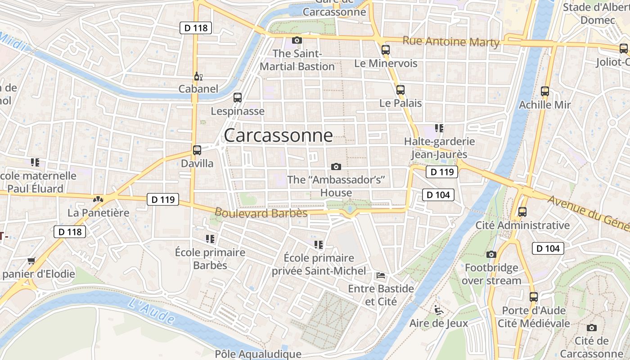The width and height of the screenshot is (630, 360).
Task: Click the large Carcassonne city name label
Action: [278, 135]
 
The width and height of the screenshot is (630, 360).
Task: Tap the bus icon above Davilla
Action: [197, 150]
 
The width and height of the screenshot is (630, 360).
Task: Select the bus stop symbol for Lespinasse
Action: [238, 97]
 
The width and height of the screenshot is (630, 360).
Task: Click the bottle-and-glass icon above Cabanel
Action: [197, 76]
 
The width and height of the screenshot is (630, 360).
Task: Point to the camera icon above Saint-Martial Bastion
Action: [297, 40]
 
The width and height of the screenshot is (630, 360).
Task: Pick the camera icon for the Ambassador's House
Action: [336, 167]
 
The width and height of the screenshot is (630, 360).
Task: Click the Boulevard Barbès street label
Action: [261, 212]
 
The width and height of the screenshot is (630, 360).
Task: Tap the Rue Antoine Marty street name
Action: [451, 41]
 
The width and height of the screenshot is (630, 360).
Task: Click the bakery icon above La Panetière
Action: [98, 199]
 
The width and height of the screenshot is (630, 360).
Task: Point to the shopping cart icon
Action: [31, 261]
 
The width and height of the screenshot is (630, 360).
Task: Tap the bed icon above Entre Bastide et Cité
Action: [381, 275]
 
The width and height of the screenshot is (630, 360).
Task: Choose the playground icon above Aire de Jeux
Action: [438, 310]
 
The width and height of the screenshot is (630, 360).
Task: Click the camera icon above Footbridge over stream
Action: [491, 255]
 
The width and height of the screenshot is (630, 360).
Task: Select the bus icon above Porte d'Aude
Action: [534, 297]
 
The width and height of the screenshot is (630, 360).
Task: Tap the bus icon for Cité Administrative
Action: [522, 211]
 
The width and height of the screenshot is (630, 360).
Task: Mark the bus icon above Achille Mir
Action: [545, 91]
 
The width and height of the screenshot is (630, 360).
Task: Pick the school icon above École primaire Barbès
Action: [210, 238]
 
